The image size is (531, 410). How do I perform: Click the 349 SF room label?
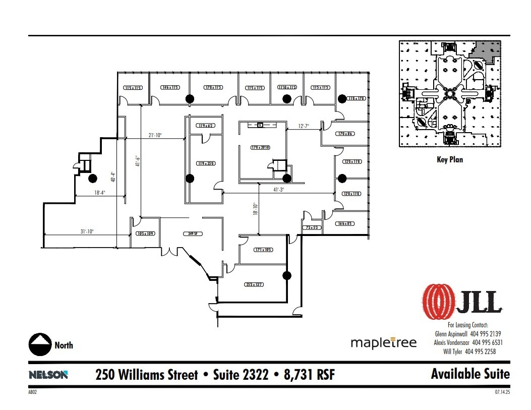pos(191,234)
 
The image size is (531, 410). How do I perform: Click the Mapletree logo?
pos(384,343)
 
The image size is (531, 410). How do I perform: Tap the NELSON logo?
pos(48,375)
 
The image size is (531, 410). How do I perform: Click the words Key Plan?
pos(449,159)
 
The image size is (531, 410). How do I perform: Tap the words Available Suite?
pos(470,374)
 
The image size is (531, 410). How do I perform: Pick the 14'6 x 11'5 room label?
pos(170,88)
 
